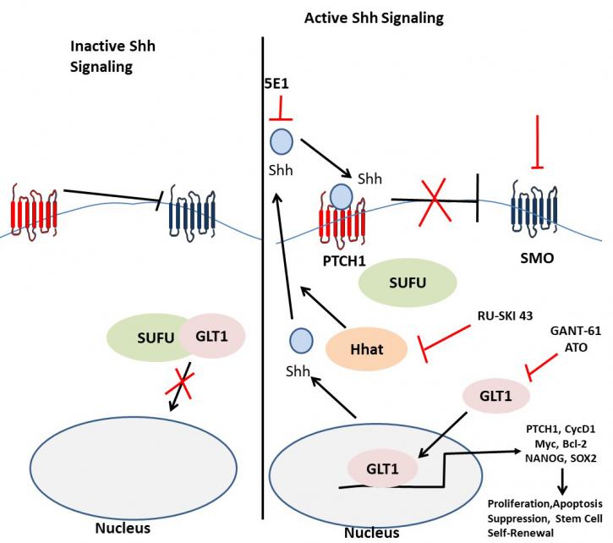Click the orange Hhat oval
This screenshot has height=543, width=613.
366,349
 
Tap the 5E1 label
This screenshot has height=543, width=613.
276,84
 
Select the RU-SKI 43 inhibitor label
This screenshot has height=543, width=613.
505,315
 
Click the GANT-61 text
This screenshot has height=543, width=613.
576,331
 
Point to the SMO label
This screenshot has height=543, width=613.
537,258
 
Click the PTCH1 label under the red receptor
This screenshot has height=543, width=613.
344,261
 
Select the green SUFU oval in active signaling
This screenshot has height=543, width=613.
408,282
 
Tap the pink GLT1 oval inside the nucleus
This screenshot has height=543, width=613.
382,469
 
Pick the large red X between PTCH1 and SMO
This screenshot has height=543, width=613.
434,201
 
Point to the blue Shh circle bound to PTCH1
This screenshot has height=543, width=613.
342,197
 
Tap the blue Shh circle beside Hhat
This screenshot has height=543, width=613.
301,340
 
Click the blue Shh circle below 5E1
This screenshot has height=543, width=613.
282,141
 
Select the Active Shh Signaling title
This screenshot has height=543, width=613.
374,18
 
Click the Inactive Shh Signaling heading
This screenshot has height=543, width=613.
112,57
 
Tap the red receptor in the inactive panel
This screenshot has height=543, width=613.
34,210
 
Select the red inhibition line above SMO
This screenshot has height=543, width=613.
537,142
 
